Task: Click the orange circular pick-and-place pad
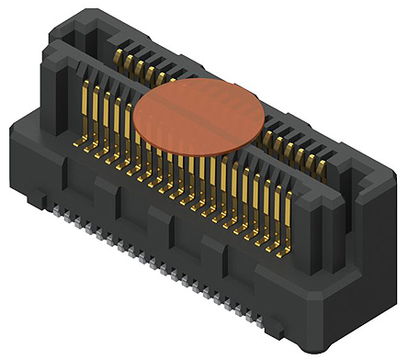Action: click(x=198, y=116)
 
